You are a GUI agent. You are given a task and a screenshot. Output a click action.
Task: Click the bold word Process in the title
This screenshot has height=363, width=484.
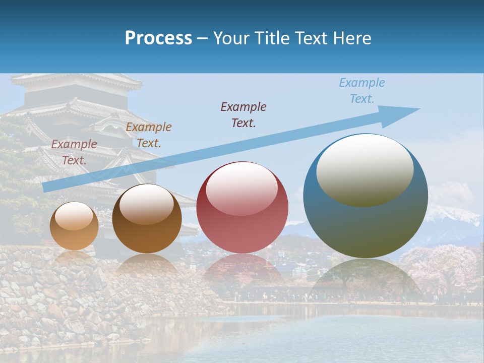[x=158, y=38]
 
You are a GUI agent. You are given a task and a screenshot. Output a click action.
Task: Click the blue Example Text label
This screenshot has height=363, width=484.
[x=362, y=91]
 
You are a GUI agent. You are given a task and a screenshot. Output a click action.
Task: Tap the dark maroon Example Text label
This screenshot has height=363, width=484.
[x=244, y=114]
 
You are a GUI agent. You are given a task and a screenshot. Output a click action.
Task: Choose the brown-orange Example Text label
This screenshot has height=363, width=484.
[x=149, y=135]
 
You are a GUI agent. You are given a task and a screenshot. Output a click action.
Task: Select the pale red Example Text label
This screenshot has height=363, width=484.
[x=74, y=152]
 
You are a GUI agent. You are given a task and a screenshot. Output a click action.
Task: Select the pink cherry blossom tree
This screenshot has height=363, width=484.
[x=439, y=267]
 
